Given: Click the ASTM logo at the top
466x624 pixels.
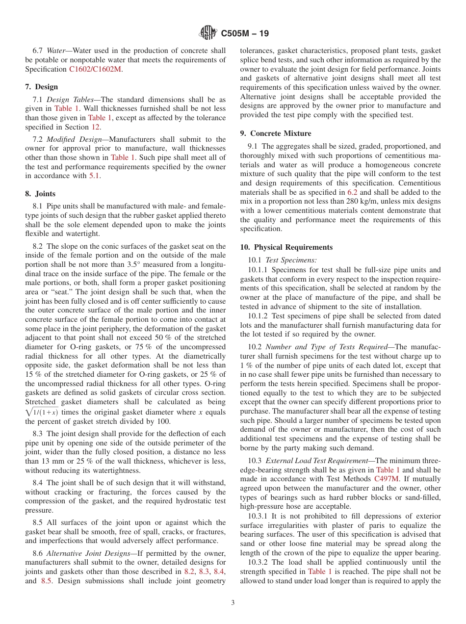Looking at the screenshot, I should click(x=207, y=33).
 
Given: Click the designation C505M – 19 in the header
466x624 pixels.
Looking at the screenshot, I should click(x=245, y=33).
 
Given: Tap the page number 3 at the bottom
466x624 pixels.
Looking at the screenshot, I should click(x=233, y=602).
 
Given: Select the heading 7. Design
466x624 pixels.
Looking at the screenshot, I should click(x=42, y=87).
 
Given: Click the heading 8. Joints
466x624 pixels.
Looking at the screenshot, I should click(x=40, y=194).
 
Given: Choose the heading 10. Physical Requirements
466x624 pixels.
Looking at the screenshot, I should click(x=286, y=247).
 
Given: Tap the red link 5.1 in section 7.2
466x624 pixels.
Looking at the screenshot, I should click(x=95, y=176).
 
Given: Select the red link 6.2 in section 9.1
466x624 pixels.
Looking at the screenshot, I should click(x=352, y=192).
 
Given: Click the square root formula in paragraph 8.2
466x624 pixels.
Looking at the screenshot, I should click(x=42, y=412).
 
